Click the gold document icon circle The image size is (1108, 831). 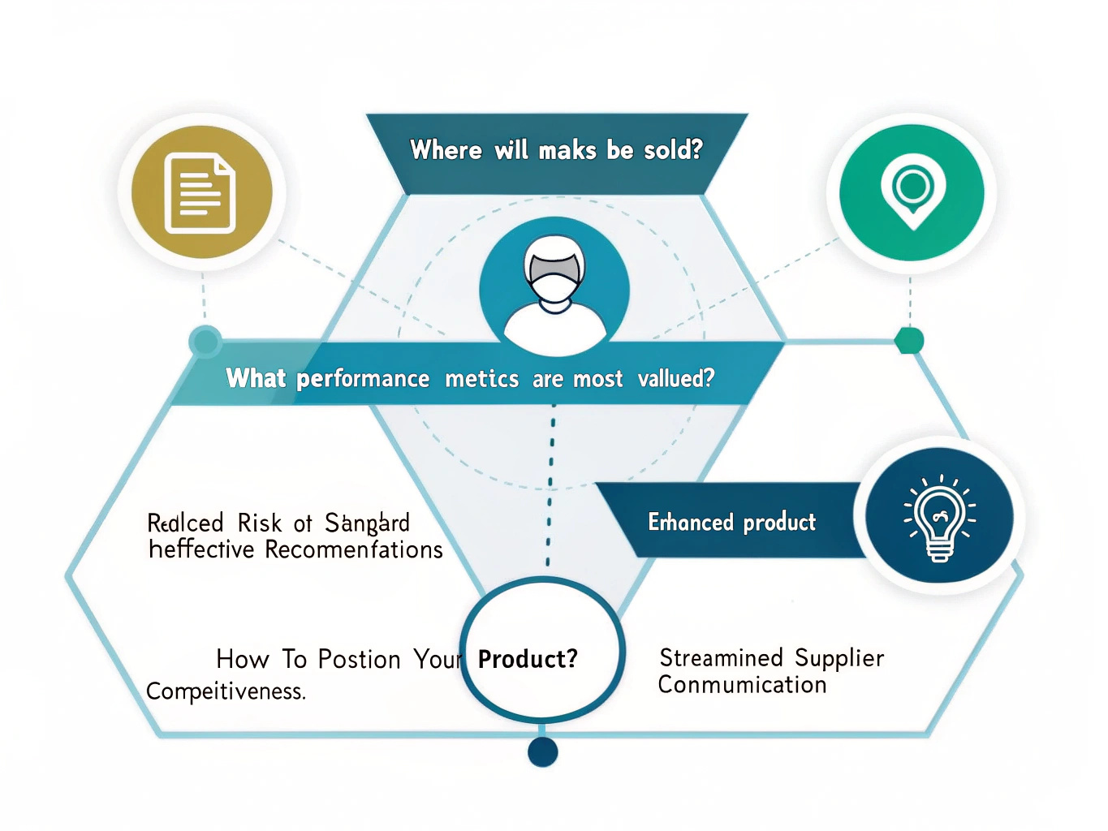coord(201,192)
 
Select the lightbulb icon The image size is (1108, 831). coord(939,516)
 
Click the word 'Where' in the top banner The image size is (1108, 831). coord(446,150)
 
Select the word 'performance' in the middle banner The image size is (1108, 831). coord(363,379)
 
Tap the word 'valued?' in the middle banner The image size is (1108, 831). coord(676,378)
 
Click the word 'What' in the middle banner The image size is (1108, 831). coord(256,378)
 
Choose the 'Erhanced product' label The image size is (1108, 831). coord(731,522)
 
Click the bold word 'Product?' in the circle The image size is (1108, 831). coord(528,659)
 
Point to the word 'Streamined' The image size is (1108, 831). coord(721,657)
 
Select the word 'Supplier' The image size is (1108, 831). coord(839,658)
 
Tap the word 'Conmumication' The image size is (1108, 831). coord(742,685)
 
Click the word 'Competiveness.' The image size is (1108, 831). coord(226,691)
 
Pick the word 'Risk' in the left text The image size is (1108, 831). coord(259,523)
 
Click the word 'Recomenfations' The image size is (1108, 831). coord(354,550)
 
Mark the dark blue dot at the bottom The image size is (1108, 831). coord(542,752)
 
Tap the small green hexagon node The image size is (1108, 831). coord(909,340)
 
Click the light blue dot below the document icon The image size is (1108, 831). coord(205,341)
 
